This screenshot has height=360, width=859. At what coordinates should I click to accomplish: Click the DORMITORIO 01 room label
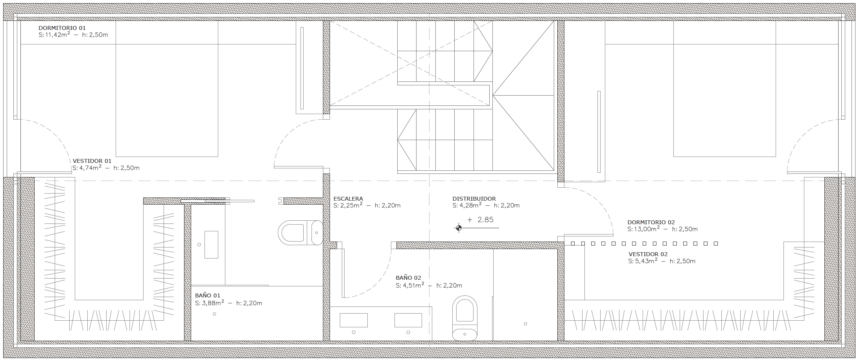point(62,28)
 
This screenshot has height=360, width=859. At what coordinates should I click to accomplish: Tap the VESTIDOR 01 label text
point(92,161)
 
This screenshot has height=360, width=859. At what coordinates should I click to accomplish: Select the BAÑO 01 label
point(207,295)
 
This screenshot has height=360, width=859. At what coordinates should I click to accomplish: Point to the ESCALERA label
point(348,199)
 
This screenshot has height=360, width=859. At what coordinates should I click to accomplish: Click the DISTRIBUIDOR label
point(474,199)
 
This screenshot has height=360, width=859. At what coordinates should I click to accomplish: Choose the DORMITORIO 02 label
point(651,222)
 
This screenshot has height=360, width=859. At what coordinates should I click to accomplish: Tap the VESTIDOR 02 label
point(648,254)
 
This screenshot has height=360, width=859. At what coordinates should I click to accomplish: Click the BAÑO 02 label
point(408,278)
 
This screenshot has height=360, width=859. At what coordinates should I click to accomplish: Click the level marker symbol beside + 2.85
point(458,228)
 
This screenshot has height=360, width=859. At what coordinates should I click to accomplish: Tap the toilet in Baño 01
point(299,232)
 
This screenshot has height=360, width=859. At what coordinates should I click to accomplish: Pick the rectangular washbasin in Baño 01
point(211,244)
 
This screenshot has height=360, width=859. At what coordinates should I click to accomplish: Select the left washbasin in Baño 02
point(353,320)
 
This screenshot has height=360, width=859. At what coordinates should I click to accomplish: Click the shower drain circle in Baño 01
point(214,314)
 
